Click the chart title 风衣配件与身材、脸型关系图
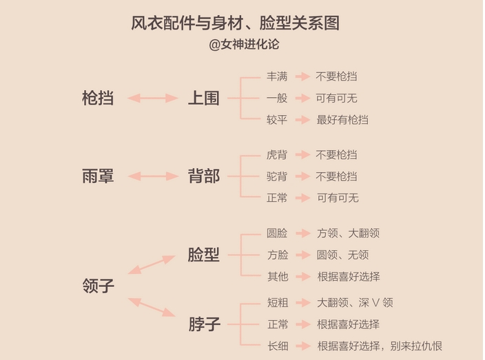[235, 23]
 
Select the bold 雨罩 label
[97, 176]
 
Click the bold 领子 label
[97, 285]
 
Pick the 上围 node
[203, 98]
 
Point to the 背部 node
[203, 176]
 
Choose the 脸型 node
[203, 255]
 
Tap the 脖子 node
[203, 324]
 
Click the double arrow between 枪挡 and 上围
[153, 98]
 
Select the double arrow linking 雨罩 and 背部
[153, 177]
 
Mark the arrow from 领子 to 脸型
[152, 264]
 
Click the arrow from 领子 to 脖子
[152, 307]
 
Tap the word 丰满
[277, 76]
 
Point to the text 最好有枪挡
[342, 120]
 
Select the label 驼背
[277, 176]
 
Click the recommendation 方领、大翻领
[348, 233]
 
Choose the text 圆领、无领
[342, 255]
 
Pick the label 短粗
[277, 302]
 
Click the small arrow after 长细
[302, 346]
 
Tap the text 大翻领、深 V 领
[355, 302]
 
